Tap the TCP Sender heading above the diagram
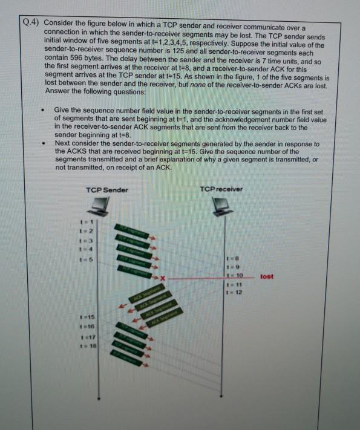tap(107, 190)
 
